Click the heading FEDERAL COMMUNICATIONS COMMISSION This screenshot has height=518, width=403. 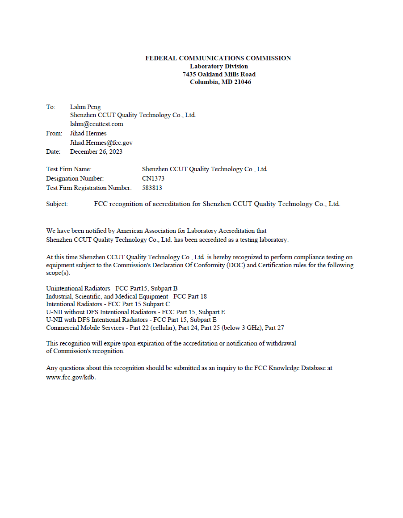[x=218, y=58]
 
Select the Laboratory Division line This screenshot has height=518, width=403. [x=218, y=66]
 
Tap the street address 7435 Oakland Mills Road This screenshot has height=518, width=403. [x=219, y=74]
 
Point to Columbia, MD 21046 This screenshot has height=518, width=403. [x=220, y=82]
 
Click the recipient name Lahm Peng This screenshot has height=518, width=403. [x=85, y=107]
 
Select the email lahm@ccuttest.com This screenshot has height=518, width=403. [x=97, y=124]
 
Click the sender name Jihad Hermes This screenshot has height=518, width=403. [x=88, y=133]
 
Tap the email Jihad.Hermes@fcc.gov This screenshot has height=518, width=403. [x=101, y=143]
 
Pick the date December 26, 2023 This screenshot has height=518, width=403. [x=96, y=152]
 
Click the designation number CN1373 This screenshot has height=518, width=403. [x=153, y=178]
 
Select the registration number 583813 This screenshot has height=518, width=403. [x=152, y=188]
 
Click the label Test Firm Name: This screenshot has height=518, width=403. [x=69, y=169]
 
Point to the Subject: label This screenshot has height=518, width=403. [x=57, y=204]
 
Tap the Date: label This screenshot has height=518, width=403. [x=53, y=152]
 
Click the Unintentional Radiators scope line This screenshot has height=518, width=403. [x=112, y=288]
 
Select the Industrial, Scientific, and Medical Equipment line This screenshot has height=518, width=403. [x=126, y=296]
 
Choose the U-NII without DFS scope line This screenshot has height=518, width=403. [x=135, y=312]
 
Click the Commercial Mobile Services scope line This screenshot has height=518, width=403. [x=165, y=328]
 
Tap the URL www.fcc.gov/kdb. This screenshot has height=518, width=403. [x=71, y=377]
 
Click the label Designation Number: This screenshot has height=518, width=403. [x=75, y=178]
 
